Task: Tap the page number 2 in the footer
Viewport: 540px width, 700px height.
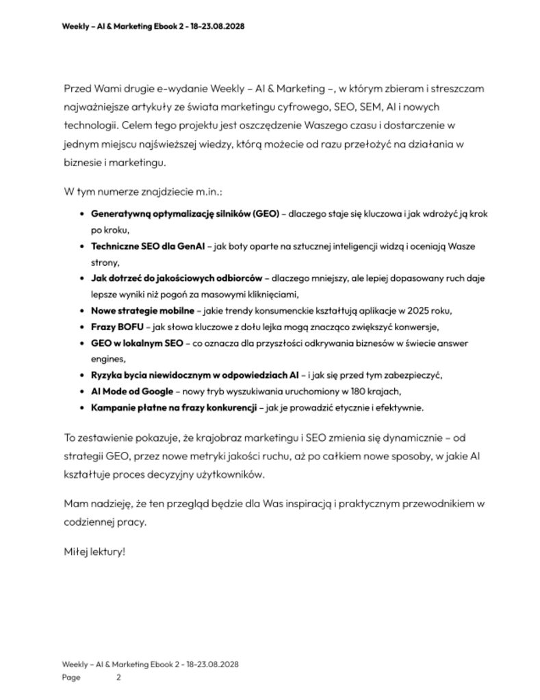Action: pos(118,677)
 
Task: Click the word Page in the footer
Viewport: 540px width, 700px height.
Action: pos(71,677)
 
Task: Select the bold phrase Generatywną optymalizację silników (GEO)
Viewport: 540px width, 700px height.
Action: pos(185,213)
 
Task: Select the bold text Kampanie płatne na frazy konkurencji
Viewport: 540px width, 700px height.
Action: pos(174,408)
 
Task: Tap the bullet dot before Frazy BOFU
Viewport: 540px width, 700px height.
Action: pos(83,327)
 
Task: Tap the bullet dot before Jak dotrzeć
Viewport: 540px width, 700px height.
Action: pos(83,278)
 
